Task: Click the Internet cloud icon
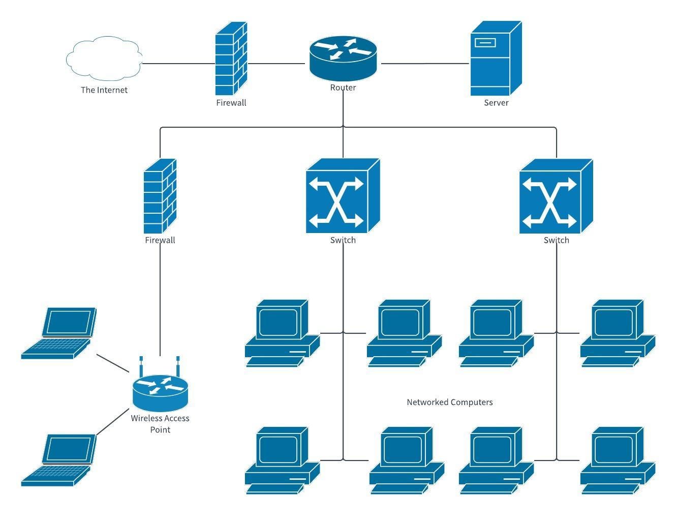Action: tap(104, 59)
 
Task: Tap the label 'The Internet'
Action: tap(104, 90)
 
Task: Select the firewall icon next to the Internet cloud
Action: tap(231, 59)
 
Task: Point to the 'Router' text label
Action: tap(343, 88)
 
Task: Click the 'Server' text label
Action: tap(496, 103)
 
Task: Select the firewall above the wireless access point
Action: tap(160, 196)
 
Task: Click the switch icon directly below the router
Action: tap(343, 196)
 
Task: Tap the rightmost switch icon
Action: tap(556, 196)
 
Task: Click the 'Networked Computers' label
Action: tap(450, 402)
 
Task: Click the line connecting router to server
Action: tap(425, 64)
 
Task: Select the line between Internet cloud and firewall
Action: tap(178, 64)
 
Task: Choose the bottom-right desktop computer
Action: tap(618, 460)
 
